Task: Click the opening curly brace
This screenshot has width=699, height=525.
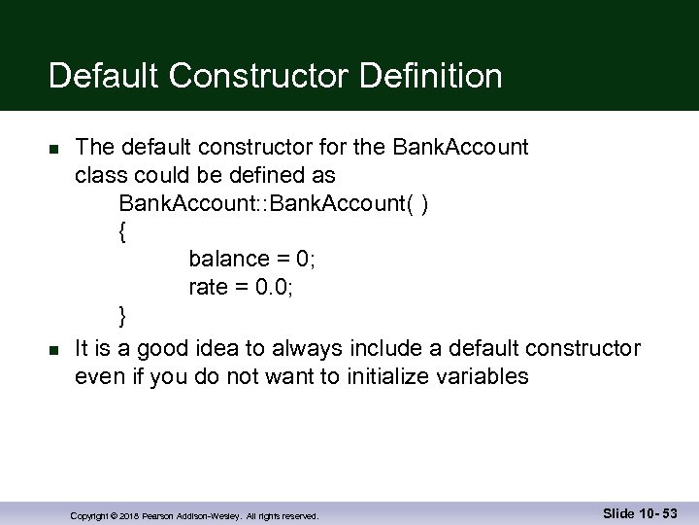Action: pos(121,232)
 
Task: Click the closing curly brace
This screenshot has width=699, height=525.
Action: pos(121,315)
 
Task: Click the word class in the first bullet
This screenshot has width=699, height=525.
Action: pos(100,176)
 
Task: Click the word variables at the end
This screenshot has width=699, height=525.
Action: pos(486,377)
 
